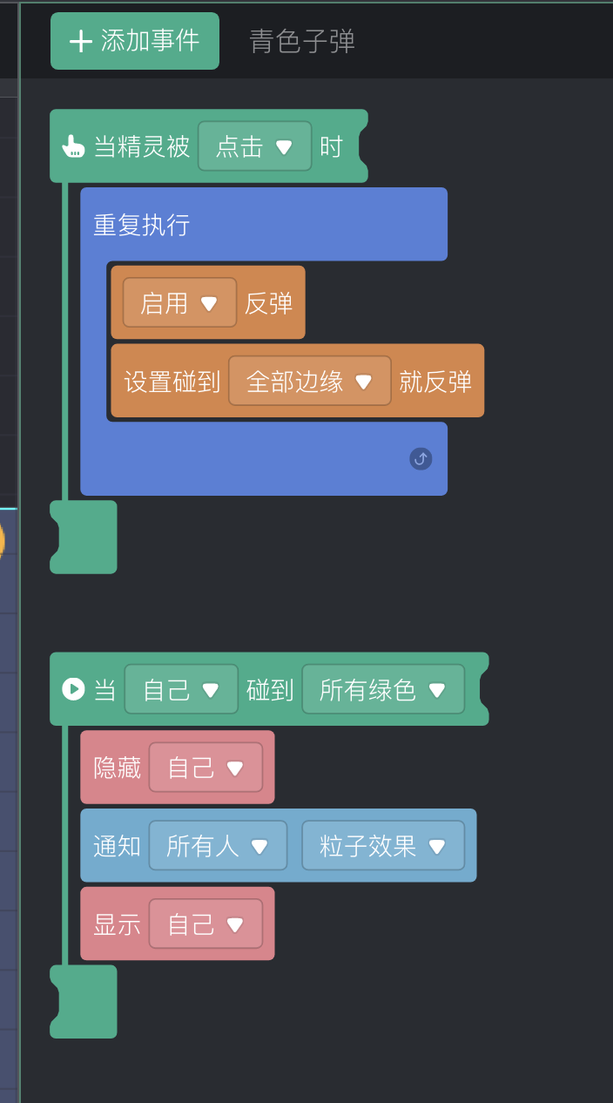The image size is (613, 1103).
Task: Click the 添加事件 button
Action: (x=135, y=41)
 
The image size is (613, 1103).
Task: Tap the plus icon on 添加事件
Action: (x=81, y=41)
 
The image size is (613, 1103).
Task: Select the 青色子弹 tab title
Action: (x=302, y=42)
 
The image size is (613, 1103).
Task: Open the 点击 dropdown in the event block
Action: (x=254, y=146)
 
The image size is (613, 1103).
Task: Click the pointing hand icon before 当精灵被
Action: (x=72, y=146)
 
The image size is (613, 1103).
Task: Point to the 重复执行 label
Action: (x=141, y=226)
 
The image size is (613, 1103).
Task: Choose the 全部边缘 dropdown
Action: (x=309, y=382)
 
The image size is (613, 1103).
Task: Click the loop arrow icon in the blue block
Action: (x=421, y=459)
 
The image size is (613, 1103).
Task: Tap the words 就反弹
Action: (x=435, y=382)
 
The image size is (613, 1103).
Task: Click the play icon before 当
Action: (x=72, y=689)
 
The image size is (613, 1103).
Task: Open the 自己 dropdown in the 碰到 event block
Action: (x=181, y=690)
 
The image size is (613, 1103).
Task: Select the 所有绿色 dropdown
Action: (x=383, y=690)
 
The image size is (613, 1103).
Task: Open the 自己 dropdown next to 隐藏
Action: (x=205, y=768)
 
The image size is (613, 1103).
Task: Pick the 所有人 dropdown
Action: (x=218, y=846)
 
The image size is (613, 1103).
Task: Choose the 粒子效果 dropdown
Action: (x=383, y=846)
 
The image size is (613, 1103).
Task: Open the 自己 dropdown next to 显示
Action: (x=205, y=924)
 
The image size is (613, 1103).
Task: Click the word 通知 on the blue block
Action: (x=117, y=846)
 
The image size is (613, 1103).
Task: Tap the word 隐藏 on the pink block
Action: (x=117, y=768)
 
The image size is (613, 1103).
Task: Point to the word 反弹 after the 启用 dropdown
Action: (x=268, y=303)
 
